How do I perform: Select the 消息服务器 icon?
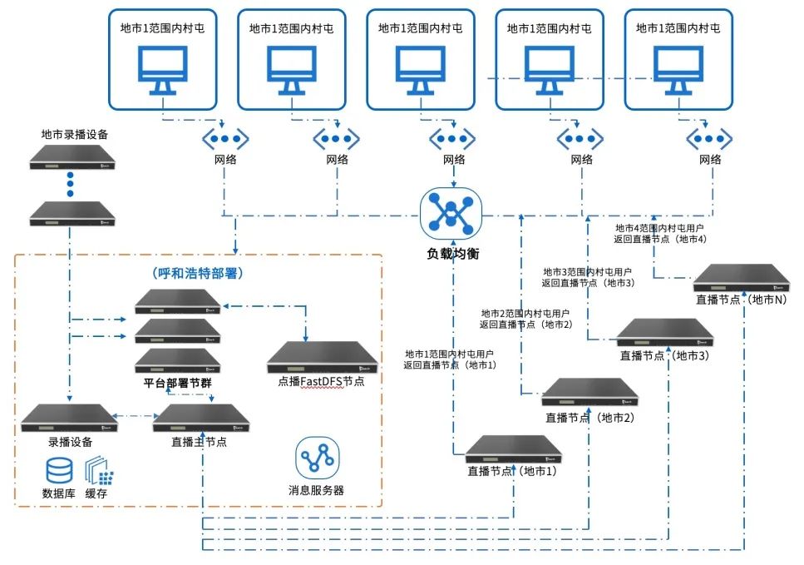[316, 457]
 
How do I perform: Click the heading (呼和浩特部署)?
[199, 272]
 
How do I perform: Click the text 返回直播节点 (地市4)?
[661, 239]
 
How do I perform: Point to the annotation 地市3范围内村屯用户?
[587, 271]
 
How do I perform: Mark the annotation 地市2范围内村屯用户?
[525, 313]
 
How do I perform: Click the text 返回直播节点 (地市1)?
[450, 364]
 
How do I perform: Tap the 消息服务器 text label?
[316, 490]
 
